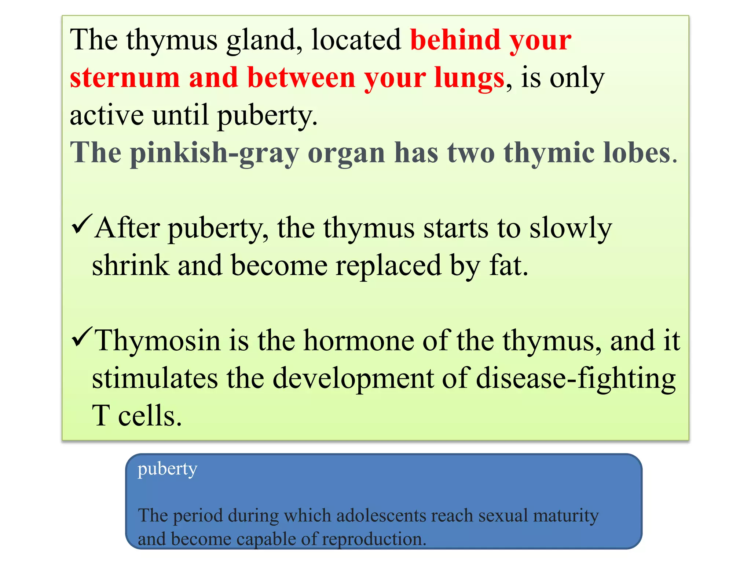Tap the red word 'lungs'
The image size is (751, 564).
[469, 78]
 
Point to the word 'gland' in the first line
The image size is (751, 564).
[264, 40]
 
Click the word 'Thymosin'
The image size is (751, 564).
[158, 341]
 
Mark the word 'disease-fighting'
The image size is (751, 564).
[576, 379]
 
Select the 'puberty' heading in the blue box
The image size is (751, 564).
[168, 469]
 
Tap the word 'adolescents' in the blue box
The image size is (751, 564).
[381, 516]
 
